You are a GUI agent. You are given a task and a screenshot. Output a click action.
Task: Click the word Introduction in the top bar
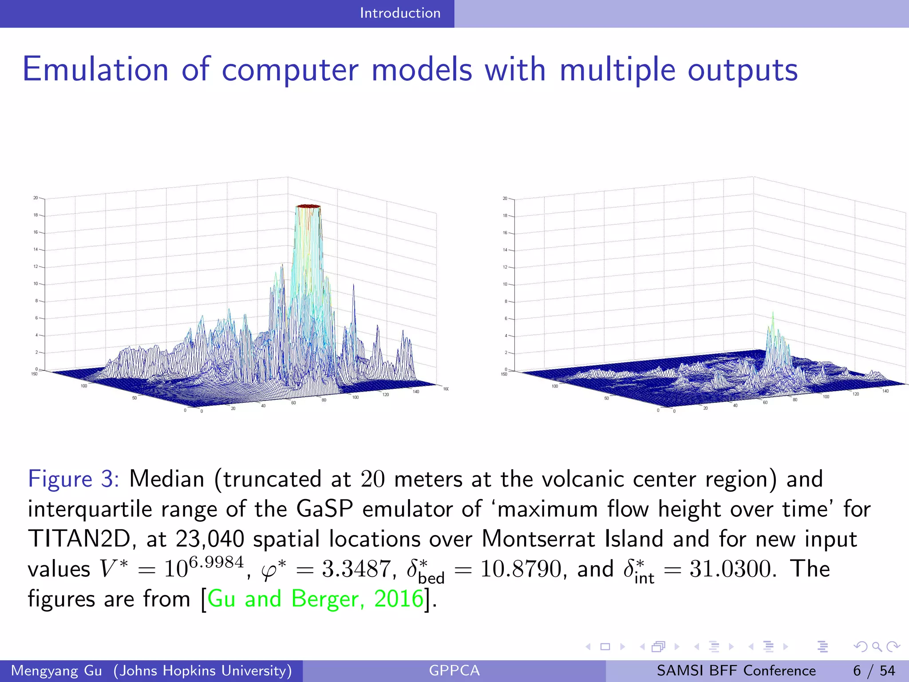[400, 13]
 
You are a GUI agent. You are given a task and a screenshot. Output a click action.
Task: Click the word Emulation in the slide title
[95, 70]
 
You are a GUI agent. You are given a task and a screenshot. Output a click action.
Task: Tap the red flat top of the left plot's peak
[308, 206]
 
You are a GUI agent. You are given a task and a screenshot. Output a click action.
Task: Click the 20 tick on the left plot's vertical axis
[36, 198]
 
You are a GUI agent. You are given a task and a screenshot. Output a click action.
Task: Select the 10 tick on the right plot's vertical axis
[505, 284]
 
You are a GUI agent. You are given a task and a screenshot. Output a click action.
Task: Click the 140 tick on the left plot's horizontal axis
[415, 392]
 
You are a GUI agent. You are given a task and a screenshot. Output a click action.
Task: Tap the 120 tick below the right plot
[855, 394]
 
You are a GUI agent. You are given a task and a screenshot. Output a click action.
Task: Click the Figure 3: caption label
[73, 479]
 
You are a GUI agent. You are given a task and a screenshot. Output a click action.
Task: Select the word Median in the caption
[166, 479]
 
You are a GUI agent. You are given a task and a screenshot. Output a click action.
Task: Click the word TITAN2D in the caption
[79, 539]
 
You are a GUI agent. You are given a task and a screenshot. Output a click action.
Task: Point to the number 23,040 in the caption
[209, 539]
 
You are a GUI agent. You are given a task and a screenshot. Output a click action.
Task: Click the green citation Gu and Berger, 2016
[315, 599]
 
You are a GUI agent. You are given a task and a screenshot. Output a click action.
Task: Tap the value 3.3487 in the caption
[356, 569]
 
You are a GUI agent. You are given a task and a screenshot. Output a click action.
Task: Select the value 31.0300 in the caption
[732, 569]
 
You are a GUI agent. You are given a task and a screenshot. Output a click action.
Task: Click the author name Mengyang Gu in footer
[56, 670]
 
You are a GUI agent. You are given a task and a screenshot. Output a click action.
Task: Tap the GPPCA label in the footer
[454, 670]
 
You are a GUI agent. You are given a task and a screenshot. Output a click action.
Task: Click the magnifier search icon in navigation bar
[877, 647]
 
